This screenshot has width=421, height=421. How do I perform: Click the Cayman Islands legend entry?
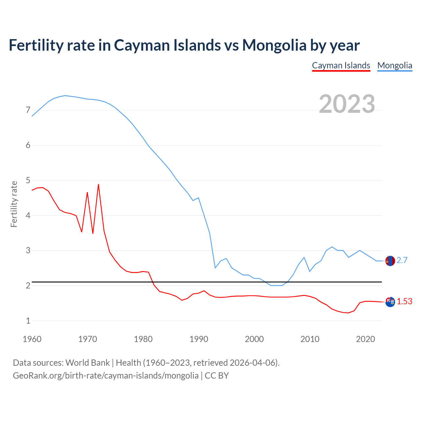point(341,65)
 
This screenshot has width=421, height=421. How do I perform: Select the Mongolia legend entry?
point(395,65)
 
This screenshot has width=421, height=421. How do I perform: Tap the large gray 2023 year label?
point(347,104)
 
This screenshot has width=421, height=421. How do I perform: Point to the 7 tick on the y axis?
point(28,110)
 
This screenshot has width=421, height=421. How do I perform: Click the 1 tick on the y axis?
point(28,321)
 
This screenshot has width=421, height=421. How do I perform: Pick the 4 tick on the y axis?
point(28,215)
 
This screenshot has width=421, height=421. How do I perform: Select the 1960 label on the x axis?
point(32,339)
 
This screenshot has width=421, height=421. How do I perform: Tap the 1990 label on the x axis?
point(199,339)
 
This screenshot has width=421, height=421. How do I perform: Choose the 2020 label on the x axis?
point(365,339)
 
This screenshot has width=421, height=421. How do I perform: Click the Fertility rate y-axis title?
point(14,204)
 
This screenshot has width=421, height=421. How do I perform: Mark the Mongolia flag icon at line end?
point(390,261)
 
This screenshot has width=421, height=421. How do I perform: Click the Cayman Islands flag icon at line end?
point(390,302)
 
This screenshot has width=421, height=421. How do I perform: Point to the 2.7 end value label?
point(402,260)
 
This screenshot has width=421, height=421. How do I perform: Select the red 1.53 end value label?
point(405,301)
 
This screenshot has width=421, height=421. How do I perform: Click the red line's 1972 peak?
point(98,185)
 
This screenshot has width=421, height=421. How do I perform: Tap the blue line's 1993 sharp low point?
point(215,268)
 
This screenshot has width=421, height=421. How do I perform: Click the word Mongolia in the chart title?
point(274,45)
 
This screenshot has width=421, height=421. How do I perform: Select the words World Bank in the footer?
point(87,363)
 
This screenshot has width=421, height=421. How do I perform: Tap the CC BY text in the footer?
point(217,376)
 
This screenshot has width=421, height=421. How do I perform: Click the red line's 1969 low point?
point(82,232)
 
